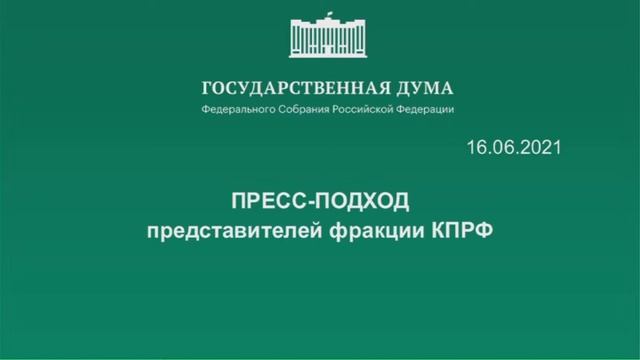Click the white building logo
pyautogui.click(x=327, y=36)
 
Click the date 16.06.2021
pyautogui.click(x=513, y=147)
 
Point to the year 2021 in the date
pyautogui.click(x=540, y=147)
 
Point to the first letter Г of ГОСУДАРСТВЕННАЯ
pyautogui.click(x=207, y=87)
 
